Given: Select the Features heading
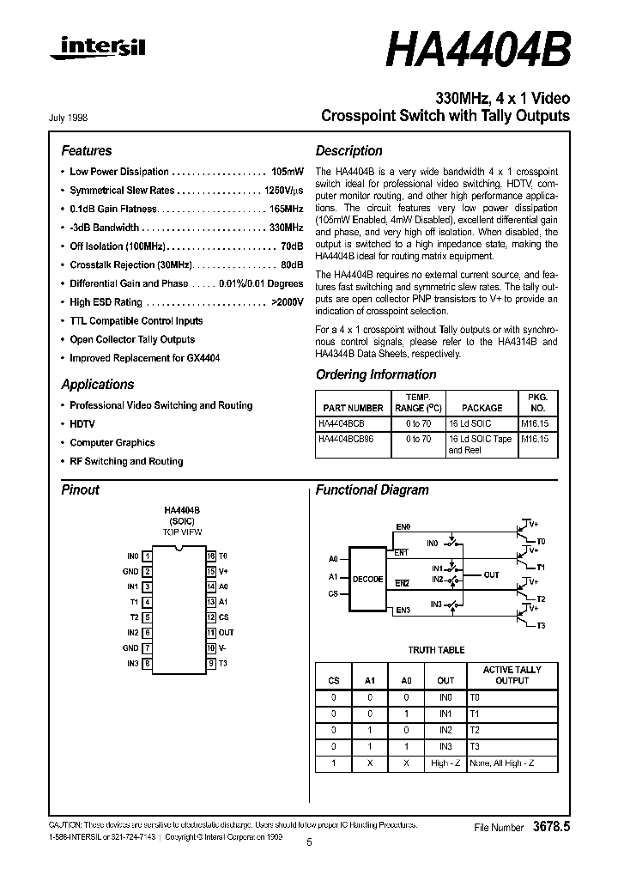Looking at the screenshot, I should (87, 150).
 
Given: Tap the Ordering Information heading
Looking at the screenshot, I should (376, 374).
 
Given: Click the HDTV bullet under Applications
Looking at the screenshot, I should (82, 424).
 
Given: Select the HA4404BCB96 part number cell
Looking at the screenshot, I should (347, 439).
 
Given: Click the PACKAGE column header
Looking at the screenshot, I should (482, 409).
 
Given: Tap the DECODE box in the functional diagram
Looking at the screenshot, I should (368, 580).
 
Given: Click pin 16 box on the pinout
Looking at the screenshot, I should (210, 556).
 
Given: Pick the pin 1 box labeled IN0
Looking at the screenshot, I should (148, 556).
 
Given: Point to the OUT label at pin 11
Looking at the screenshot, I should (227, 633).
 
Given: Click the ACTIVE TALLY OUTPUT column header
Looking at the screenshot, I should (512, 675).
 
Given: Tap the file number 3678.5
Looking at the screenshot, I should (551, 827).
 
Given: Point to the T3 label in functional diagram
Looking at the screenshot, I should (541, 626).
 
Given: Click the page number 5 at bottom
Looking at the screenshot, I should (309, 843).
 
